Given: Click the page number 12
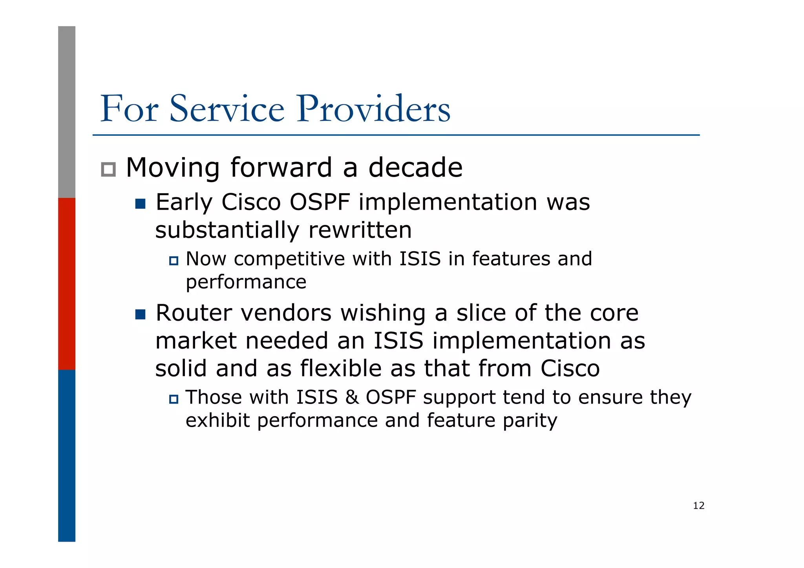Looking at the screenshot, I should pyautogui.click(x=698, y=506).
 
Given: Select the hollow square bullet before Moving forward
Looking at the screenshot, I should pyautogui.click(x=108, y=170).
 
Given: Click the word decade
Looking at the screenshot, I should pyautogui.click(x=415, y=168).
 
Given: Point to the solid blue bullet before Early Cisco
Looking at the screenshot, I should pyautogui.click(x=140, y=204).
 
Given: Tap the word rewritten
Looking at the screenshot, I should pyautogui.click(x=360, y=230).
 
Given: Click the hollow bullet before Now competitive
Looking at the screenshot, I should pyautogui.click(x=174, y=261).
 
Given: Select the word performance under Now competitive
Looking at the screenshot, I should pyautogui.click(x=246, y=282).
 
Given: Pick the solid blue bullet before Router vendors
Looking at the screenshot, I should pyautogui.click(x=140, y=314).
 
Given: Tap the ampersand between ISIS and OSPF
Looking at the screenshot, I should pyautogui.click(x=352, y=397).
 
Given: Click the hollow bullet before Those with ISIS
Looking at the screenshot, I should pyautogui.click(x=174, y=399).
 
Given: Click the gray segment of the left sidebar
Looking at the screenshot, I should pyautogui.click(x=67, y=112).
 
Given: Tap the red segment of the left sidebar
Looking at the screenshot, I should pyautogui.click(x=67, y=283).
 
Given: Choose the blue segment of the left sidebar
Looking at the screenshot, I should pyautogui.click(x=67, y=455).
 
